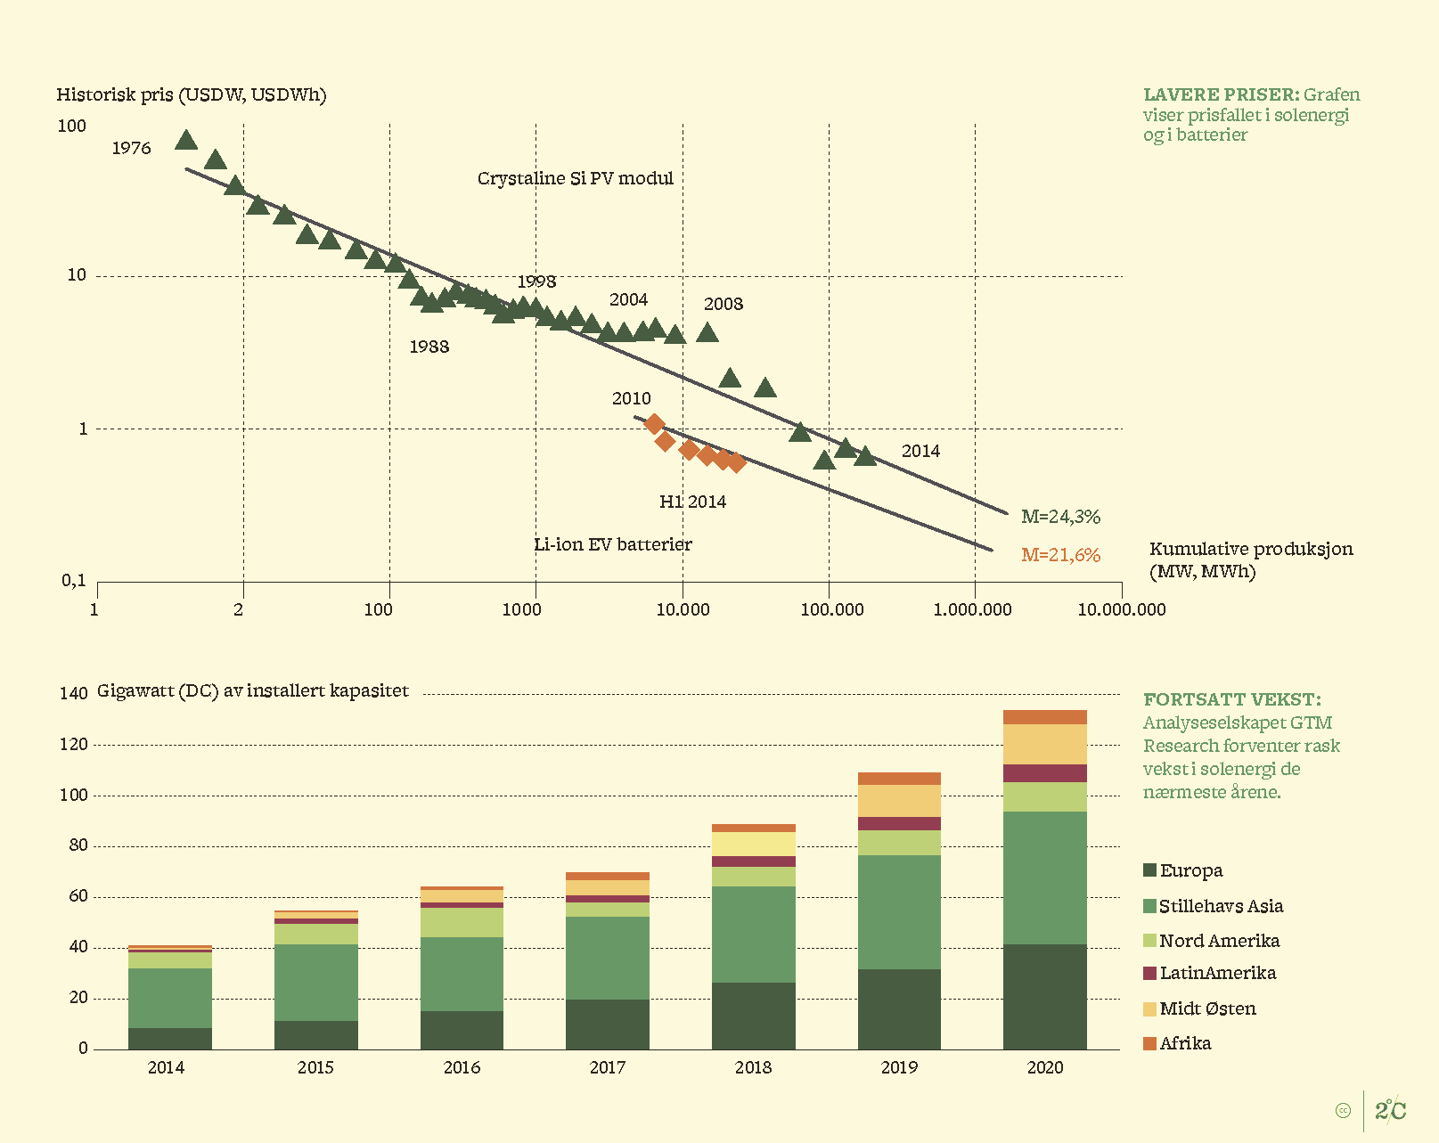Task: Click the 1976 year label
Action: pos(131,149)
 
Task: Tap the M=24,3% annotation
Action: pos(1060,517)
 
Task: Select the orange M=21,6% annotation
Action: pos(1060,555)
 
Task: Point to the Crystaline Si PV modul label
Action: pos(575,178)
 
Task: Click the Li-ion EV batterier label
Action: pos(612,544)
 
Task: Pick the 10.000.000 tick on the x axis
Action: pos(1121,609)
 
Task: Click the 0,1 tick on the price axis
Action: pos(74,581)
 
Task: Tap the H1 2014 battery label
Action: pos(692,502)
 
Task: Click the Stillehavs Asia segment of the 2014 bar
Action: pos(169,998)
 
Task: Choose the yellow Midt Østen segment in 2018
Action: pos(753,844)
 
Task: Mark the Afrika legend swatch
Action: pos(1149,1043)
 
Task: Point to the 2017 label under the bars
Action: pos(607,1067)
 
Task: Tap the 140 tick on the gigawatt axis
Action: pos(73,693)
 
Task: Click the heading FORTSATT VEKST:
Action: pos(1231,699)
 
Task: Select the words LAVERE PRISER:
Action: pos(1221,94)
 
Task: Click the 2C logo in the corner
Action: pos(1390,1110)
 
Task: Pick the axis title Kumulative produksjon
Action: pos(1250,549)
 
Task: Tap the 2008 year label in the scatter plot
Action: pos(723,304)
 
